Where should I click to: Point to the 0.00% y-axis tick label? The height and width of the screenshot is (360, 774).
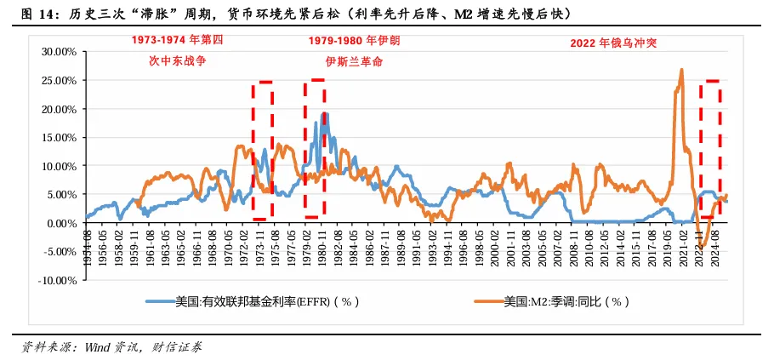pos(60,223)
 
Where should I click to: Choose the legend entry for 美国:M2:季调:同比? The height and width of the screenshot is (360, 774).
pos(566,301)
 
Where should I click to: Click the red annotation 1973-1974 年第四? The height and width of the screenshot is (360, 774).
pos(177,40)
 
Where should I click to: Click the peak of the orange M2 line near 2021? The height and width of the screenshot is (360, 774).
pos(681,70)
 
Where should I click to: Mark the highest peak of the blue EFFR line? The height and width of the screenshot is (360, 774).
pos(324,113)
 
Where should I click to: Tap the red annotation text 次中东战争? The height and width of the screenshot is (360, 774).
pos(177,62)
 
